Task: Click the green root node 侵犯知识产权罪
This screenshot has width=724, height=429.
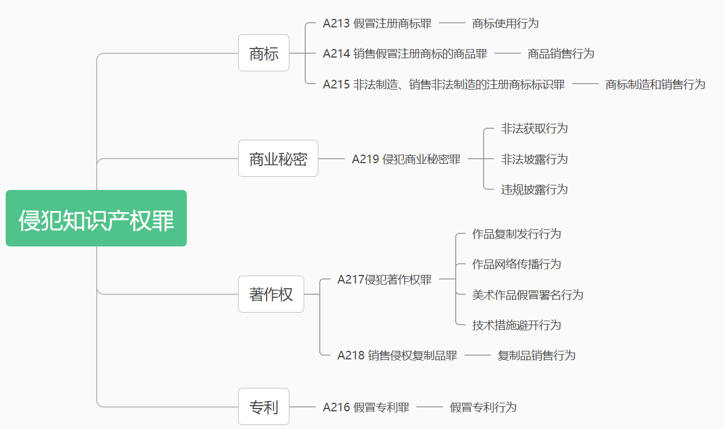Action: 96,218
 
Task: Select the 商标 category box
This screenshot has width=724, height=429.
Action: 264,53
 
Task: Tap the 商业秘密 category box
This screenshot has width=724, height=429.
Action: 278,159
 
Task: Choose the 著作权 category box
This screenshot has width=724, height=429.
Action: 271,294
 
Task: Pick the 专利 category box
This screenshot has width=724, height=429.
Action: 264,407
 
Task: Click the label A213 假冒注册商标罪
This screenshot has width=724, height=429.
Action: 377,23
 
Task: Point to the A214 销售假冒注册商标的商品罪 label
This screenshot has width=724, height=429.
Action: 404,54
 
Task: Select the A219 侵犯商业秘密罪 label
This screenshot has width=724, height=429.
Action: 406,159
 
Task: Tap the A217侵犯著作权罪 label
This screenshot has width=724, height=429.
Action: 385,280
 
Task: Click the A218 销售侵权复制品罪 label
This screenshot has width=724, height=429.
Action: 397,355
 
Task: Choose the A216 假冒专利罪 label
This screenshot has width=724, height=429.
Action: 366,407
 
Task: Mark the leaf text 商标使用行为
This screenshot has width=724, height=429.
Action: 505,23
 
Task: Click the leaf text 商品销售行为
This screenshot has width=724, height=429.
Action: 561,54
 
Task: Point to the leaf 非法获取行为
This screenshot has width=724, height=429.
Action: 534,128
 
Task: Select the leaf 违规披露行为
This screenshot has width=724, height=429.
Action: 534,189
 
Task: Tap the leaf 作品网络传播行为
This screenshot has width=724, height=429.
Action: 517,264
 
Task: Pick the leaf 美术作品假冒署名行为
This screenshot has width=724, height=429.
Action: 527,295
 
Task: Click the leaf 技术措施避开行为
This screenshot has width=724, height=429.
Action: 517,325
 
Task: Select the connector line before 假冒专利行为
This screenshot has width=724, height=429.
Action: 430,407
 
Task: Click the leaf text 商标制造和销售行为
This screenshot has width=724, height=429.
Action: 655,84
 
